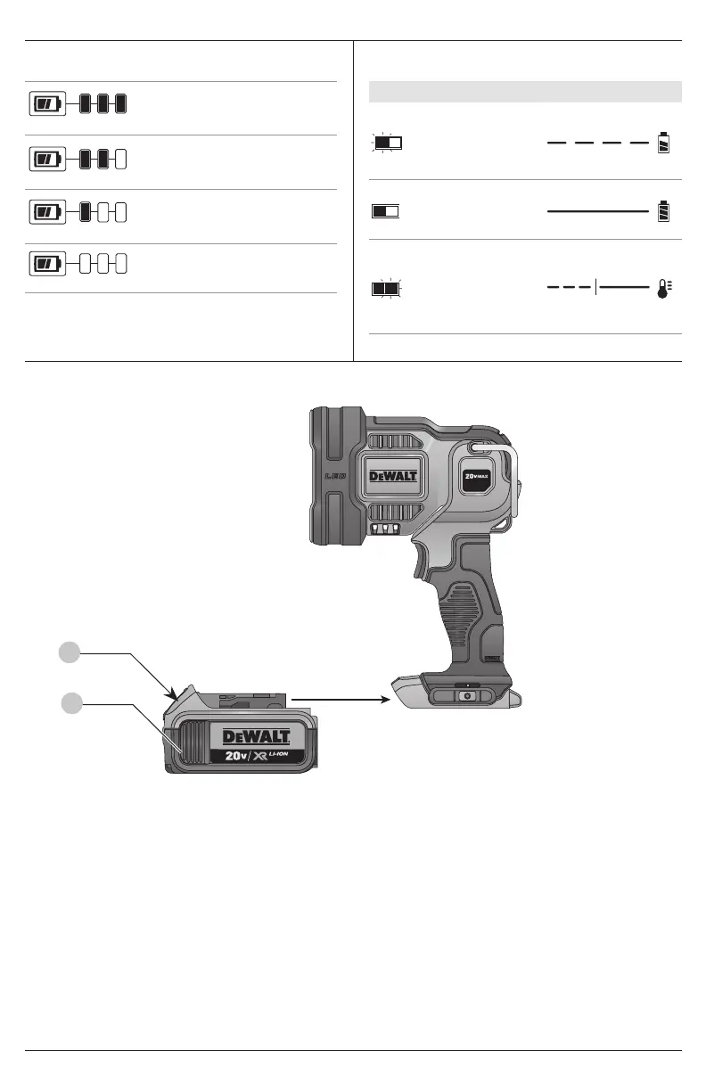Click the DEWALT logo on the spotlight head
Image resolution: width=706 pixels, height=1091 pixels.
click(393, 476)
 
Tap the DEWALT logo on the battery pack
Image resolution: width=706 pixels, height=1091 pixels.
click(257, 736)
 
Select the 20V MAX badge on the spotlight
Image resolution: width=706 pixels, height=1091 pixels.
click(476, 476)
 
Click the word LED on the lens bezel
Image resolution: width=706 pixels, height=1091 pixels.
click(335, 476)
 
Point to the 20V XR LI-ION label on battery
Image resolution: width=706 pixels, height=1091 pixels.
click(257, 756)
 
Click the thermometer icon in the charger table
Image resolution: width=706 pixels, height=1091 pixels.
click(664, 288)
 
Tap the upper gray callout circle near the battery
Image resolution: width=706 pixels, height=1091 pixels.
click(70, 652)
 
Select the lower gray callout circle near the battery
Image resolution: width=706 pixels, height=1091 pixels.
click(71, 703)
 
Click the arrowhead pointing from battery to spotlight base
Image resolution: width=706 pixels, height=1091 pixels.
click(385, 700)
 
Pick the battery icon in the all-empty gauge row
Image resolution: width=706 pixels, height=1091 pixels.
click(47, 264)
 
